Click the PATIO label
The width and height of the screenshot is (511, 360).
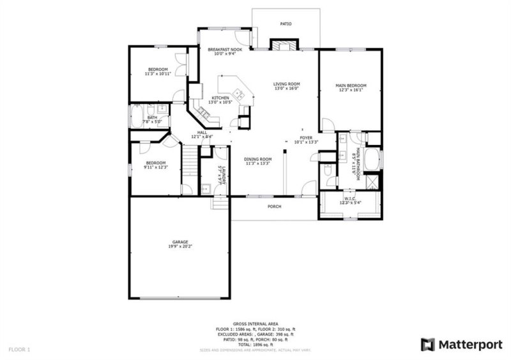[x=286, y=24]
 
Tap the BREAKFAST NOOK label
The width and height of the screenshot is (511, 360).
[x=223, y=49]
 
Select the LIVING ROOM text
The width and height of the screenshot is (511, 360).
[x=286, y=84]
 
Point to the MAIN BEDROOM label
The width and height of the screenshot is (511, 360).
[x=351, y=86]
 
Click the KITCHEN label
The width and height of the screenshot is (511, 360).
[x=220, y=98]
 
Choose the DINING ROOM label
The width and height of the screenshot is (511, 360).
[x=258, y=159]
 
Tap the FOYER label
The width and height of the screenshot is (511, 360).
[x=306, y=138]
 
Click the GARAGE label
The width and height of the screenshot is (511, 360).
[x=179, y=242]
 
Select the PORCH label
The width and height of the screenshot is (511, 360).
[x=274, y=206]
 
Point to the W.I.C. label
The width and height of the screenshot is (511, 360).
[x=349, y=198]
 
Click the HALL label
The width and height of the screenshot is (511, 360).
[x=202, y=132]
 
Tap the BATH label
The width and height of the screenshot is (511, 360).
[x=151, y=117]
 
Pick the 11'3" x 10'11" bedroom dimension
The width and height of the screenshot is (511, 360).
[x=158, y=73]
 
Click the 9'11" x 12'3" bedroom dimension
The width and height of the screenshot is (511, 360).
[x=155, y=167]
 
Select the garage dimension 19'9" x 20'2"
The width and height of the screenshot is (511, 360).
[x=179, y=246]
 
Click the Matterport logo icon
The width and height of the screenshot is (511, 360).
[x=427, y=345]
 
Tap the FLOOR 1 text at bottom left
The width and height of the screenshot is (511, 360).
[x=19, y=349]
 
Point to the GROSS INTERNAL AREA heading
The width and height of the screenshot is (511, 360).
[x=255, y=324]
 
